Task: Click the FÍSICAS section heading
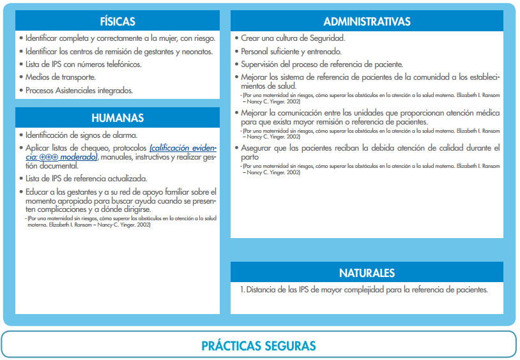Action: (x=118, y=21)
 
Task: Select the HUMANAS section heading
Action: (x=118, y=117)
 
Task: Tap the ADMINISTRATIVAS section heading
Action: (x=367, y=21)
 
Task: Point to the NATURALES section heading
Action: (x=367, y=273)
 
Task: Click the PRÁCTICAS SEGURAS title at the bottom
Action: (x=259, y=346)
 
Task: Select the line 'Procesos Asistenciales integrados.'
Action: (x=79, y=90)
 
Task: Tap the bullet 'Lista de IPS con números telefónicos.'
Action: (x=83, y=64)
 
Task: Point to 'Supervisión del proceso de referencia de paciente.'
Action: (x=322, y=64)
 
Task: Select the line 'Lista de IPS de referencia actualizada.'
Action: (x=86, y=178)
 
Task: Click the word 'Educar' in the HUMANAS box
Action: (x=37, y=191)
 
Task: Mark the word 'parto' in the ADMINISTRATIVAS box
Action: (x=250, y=156)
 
